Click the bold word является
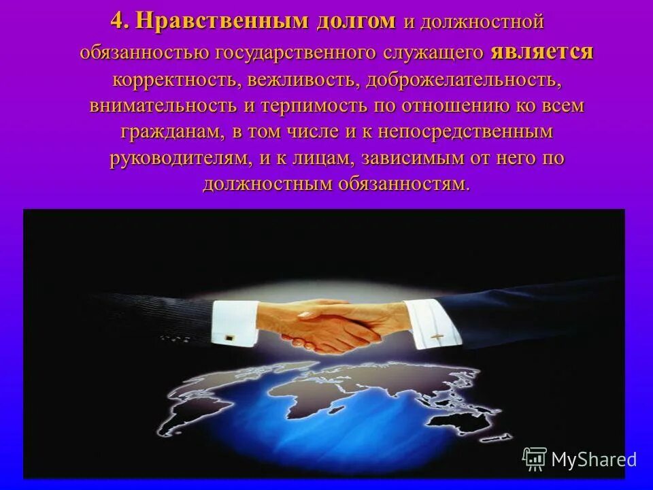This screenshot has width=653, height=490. click(541, 52)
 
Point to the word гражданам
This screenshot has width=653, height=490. click(165, 132)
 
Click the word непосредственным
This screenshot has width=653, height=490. click(465, 132)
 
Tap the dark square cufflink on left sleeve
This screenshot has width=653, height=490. click(229, 336)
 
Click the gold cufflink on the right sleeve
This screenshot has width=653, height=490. click(437, 336)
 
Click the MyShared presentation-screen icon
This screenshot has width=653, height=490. click(535, 459)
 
